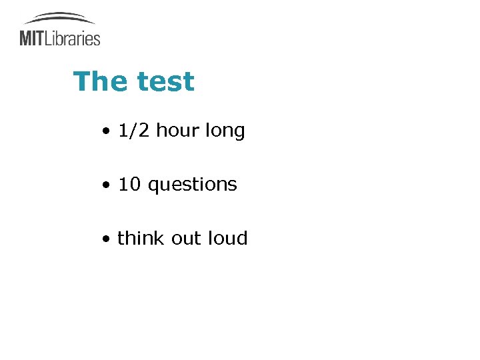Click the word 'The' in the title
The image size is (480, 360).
101,82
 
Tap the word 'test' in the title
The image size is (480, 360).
165,82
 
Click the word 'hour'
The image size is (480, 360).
177,131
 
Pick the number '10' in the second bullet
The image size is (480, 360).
129,185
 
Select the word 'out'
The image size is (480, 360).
185,239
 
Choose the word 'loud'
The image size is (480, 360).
227,238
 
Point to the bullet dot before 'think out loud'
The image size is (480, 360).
106,239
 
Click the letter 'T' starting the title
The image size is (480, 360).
81,82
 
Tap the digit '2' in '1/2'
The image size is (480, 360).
145,131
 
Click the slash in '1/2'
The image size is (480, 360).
134,131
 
